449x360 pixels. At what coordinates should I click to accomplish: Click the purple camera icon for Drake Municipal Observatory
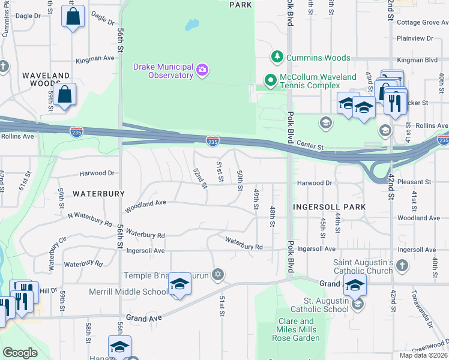tap(203, 71)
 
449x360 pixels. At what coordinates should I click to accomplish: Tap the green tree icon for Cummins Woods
tap(277, 58)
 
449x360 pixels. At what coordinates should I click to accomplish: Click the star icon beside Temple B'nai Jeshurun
tap(218, 275)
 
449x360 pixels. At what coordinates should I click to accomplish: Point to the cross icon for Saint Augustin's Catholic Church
tap(402, 265)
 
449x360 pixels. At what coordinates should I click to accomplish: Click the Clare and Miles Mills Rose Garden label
tap(288, 329)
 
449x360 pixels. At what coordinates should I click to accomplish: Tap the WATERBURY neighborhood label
tap(98, 194)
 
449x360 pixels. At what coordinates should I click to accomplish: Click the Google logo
tap(20, 353)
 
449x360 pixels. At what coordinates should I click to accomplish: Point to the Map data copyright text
tap(423, 355)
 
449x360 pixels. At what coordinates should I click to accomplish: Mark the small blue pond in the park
tap(191, 26)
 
